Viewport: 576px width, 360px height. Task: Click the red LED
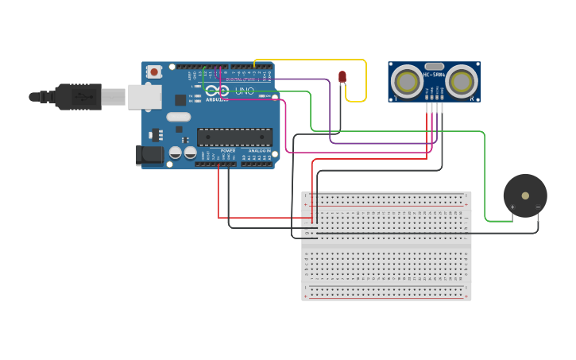[342, 76]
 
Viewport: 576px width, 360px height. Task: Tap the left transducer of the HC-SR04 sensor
[407, 81]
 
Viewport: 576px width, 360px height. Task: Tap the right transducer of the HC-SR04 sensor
[461, 81]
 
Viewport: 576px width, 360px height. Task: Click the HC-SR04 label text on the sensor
[434, 75]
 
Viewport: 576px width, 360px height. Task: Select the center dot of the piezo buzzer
[525, 195]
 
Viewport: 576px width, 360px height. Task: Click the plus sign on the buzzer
[512, 207]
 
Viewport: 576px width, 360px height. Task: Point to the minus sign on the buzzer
[538, 207]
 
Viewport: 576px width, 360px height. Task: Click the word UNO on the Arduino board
[244, 91]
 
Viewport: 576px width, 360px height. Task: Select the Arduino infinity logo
[216, 91]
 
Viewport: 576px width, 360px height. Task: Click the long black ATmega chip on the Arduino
[234, 137]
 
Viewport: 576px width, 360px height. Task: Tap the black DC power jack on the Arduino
[149, 155]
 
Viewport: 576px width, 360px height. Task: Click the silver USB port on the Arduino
[145, 96]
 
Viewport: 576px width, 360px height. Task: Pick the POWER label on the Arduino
[227, 150]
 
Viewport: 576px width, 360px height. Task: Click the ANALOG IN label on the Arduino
[258, 150]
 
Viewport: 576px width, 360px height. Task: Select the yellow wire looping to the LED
[365, 79]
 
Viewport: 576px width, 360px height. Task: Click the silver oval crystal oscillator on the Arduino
[178, 116]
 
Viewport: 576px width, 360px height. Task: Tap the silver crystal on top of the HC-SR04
[434, 67]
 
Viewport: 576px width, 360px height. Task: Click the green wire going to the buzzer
[483, 175]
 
